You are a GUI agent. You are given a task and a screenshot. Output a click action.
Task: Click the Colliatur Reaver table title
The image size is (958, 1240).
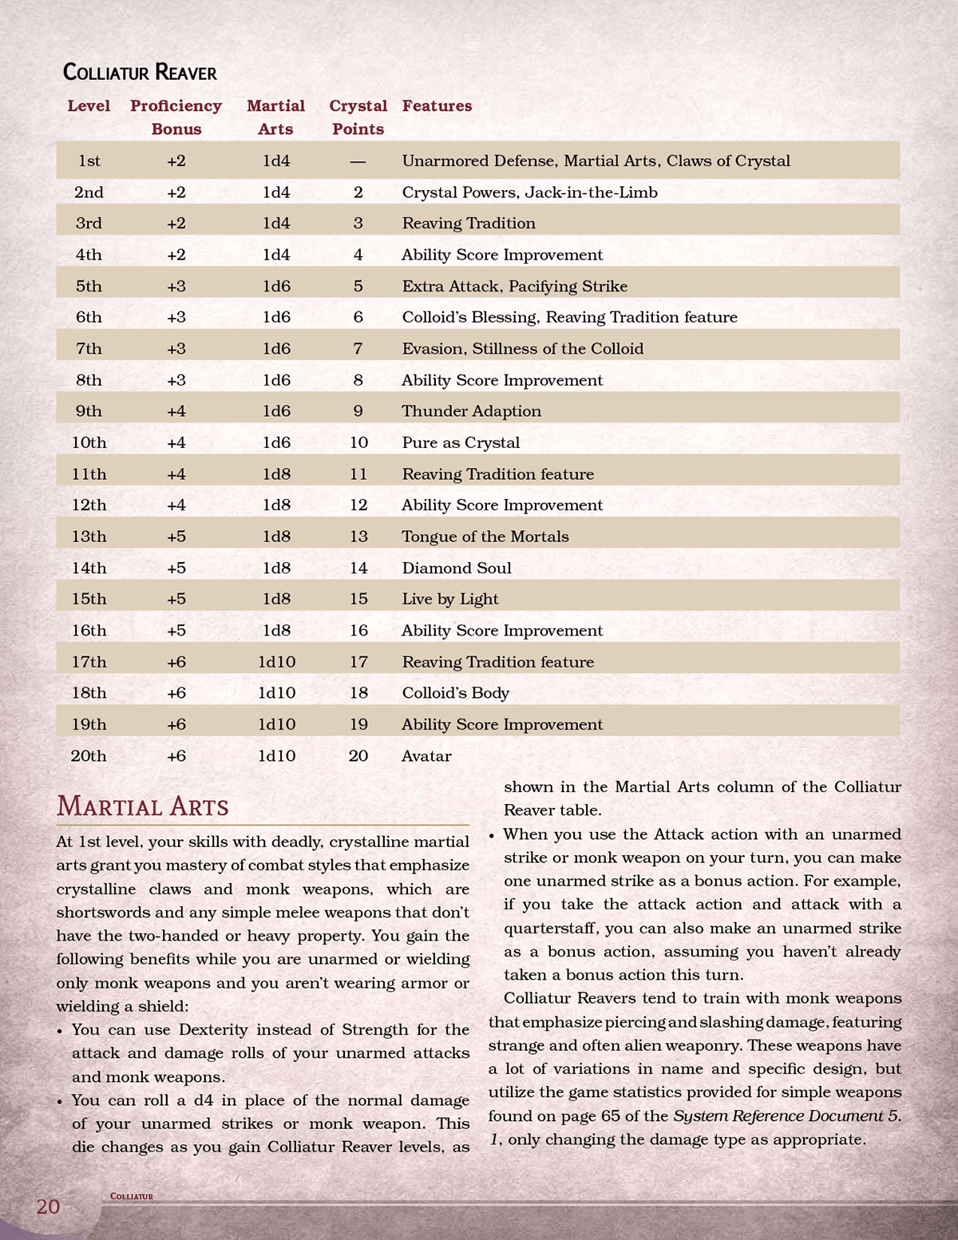[140, 73]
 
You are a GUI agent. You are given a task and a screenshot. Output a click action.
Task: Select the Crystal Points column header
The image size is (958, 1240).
[358, 117]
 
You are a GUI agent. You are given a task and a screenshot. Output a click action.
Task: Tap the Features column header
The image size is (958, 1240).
[437, 106]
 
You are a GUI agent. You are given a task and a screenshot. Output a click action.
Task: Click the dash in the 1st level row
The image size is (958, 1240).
[358, 161]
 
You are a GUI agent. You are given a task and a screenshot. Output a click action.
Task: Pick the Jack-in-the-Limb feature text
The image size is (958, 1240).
[591, 192]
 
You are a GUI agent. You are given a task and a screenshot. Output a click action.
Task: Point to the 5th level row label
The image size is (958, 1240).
[89, 287]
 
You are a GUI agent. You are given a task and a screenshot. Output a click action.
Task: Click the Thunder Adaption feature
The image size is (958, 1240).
[471, 411]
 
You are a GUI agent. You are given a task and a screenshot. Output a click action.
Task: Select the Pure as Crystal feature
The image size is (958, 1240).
[461, 443]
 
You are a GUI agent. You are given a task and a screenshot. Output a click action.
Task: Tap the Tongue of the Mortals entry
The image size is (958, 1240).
[485, 537]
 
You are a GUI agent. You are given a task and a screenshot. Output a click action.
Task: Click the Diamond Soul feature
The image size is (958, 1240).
[457, 568]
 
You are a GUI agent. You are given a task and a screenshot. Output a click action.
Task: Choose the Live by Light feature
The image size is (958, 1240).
[450, 600]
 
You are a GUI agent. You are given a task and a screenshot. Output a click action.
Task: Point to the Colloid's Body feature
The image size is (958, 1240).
[455, 693]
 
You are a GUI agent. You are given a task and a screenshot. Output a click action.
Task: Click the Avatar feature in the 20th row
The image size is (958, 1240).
[426, 756]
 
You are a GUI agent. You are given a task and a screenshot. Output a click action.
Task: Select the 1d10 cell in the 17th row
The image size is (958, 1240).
[276, 662]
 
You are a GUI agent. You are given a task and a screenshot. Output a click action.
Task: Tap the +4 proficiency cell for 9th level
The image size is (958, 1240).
[176, 411]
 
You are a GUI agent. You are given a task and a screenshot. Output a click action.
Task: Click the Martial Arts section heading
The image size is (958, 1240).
[143, 806]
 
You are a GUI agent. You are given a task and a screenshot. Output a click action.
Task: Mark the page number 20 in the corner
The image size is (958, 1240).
[48, 1206]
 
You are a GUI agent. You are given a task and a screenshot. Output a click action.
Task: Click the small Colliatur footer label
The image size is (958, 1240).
[132, 1196]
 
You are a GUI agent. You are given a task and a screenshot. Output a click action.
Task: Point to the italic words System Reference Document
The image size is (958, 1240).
[778, 1116]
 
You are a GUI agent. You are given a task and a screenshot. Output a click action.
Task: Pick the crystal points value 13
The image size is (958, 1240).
[358, 537]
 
